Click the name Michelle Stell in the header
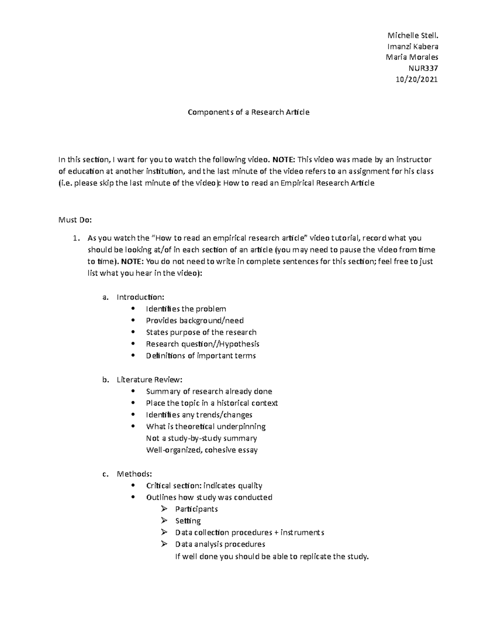(x=412, y=35)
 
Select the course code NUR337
(x=423, y=68)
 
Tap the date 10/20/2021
(x=417, y=80)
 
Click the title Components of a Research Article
(x=248, y=112)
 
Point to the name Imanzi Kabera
(x=413, y=46)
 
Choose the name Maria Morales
(x=412, y=57)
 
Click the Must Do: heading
(x=75, y=220)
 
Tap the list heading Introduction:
(x=140, y=297)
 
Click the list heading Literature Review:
(x=149, y=379)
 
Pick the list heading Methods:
(x=134, y=474)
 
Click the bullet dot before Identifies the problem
(x=133, y=309)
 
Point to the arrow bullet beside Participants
(x=164, y=509)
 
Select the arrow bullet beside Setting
(x=164, y=520)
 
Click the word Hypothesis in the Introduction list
(x=239, y=344)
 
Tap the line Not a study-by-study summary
(x=201, y=438)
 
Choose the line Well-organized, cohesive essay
(x=202, y=450)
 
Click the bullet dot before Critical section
(x=133, y=485)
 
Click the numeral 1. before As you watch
(x=75, y=238)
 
